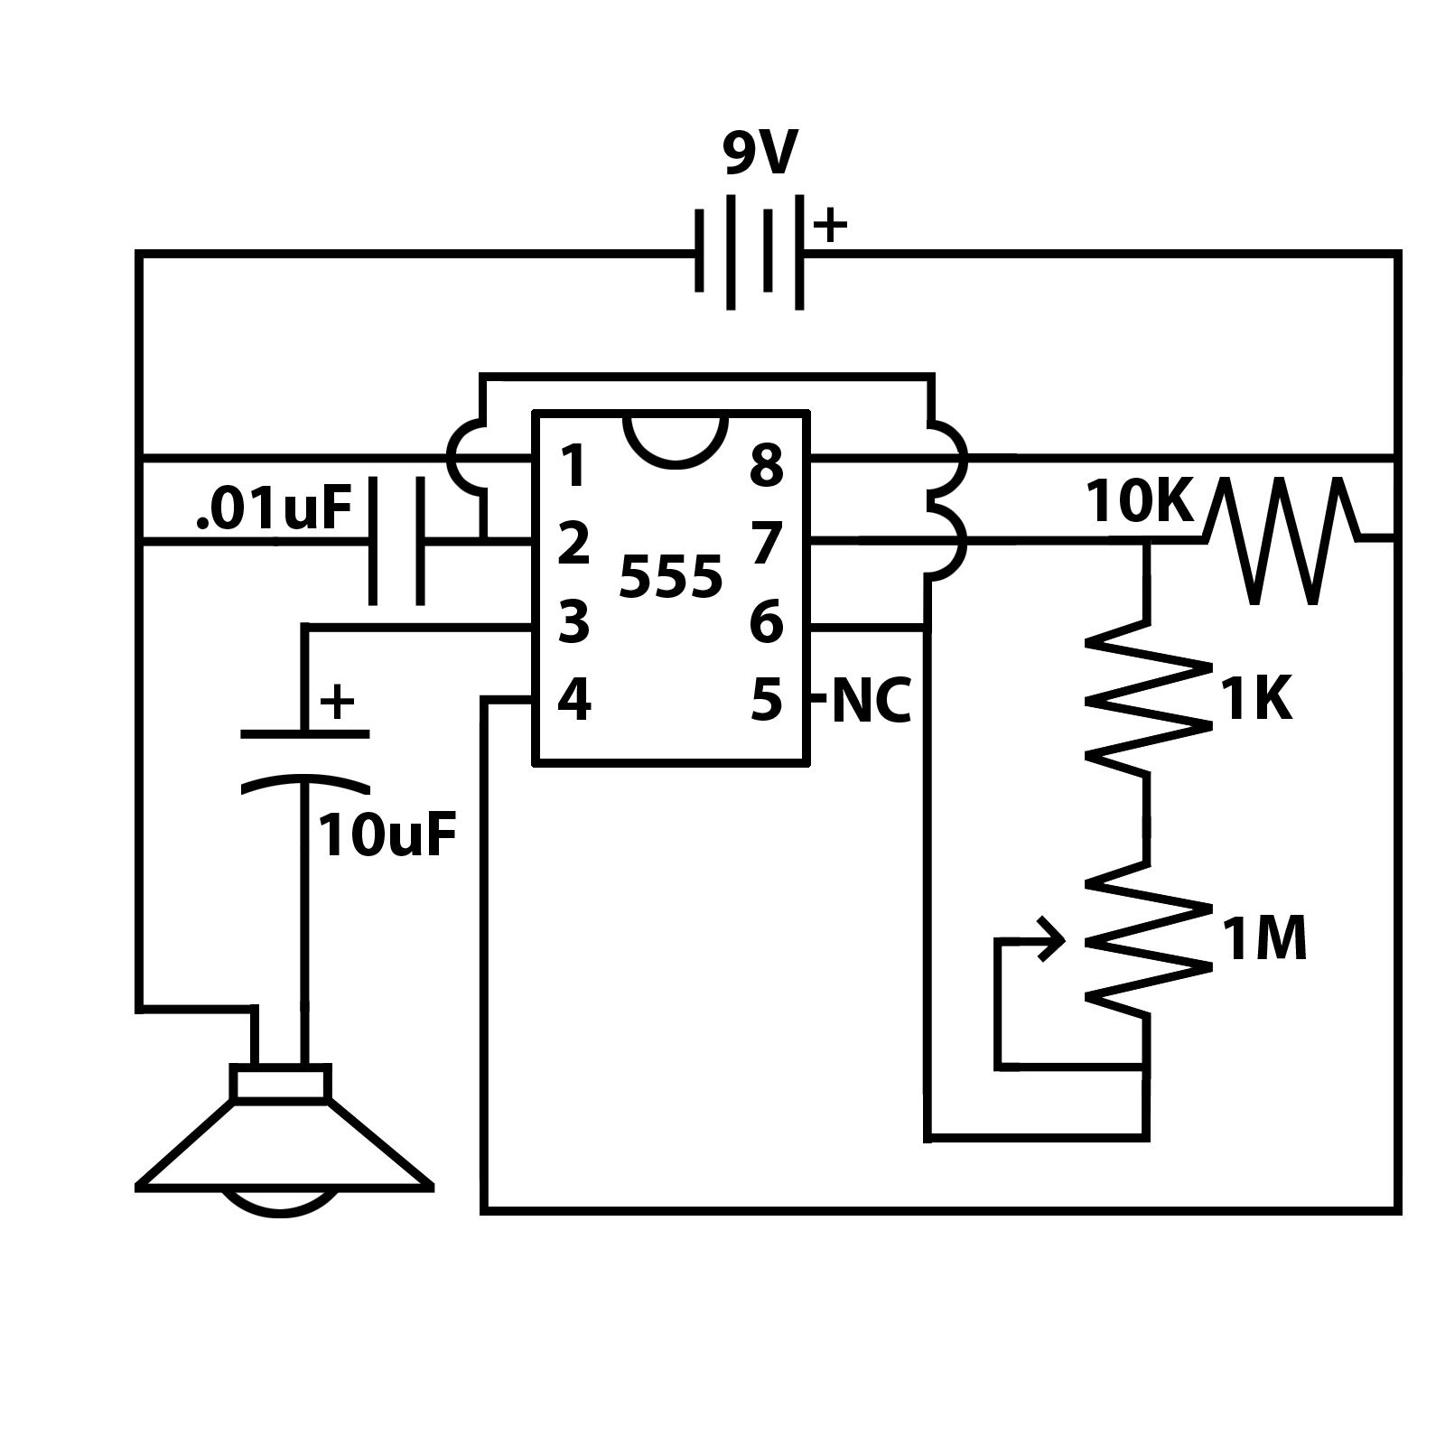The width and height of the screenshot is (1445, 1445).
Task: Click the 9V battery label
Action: click(760, 154)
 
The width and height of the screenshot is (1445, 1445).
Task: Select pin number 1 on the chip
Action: click(573, 467)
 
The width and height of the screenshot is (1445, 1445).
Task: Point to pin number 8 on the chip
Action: click(766, 467)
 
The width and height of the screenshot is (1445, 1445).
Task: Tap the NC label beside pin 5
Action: click(871, 701)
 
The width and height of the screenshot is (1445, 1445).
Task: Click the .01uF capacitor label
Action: click(273, 510)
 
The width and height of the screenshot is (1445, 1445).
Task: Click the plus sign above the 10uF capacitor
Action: click(337, 702)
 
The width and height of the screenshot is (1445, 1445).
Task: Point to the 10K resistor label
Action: click(1140, 503)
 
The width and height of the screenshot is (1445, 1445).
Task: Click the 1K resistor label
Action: click(1256, 700)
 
